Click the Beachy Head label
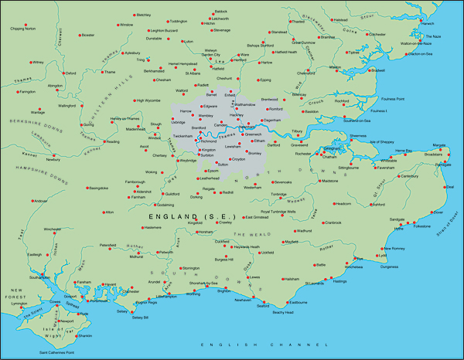click(283, 311)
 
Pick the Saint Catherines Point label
click(57, 353)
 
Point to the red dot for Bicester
click(80, 35)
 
